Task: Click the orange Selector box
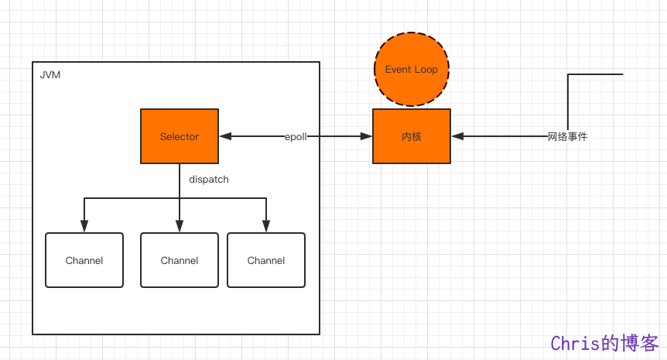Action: click(180, 136)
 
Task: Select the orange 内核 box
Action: click(412, 136)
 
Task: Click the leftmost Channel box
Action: click(84, 260)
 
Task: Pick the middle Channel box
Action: click(180, 260)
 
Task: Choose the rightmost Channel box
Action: click(266, 260)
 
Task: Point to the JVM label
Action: click(50, 75)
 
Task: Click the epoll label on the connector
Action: click(296, 136)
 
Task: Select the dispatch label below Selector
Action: click(209, 179)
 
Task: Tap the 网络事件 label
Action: click(567, 136)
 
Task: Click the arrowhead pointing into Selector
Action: click(225, 136)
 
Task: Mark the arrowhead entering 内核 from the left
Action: click(366, 136)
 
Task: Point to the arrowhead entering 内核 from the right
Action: click(458, 136)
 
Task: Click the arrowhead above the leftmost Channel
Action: click(84, 226)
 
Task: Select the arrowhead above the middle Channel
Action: click(180, 226)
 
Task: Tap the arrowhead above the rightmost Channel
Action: click(266, 226)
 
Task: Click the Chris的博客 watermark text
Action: click(605, 343)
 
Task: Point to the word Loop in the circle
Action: click(426, 70)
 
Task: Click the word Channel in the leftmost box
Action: click(84, 260)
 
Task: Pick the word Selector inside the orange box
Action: click(180, 136)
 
